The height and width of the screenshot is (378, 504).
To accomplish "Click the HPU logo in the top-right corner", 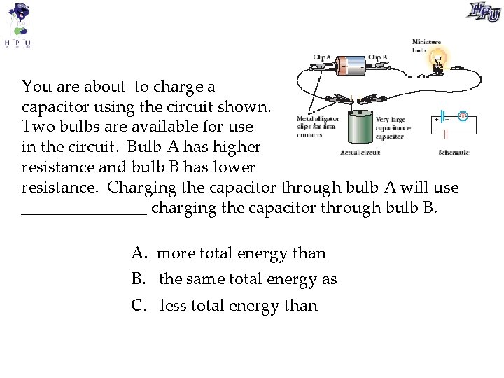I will (484, 12).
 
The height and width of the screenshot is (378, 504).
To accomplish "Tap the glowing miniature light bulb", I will (438, 59).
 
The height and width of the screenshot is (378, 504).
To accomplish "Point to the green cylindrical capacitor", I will (359, 128).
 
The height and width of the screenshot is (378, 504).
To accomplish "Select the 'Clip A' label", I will (322, 57).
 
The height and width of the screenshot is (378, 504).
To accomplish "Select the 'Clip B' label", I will (377, 57).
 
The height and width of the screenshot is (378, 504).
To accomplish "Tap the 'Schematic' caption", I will (454, 152).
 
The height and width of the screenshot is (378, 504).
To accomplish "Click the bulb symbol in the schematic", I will (462, 115).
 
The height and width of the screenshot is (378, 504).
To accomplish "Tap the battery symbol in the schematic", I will (442, 115).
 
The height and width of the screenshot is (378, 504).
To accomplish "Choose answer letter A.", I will (137, 253).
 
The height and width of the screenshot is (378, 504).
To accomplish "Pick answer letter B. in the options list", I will (138, 279).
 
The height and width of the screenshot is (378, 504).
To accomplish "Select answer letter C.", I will (138, 306).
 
